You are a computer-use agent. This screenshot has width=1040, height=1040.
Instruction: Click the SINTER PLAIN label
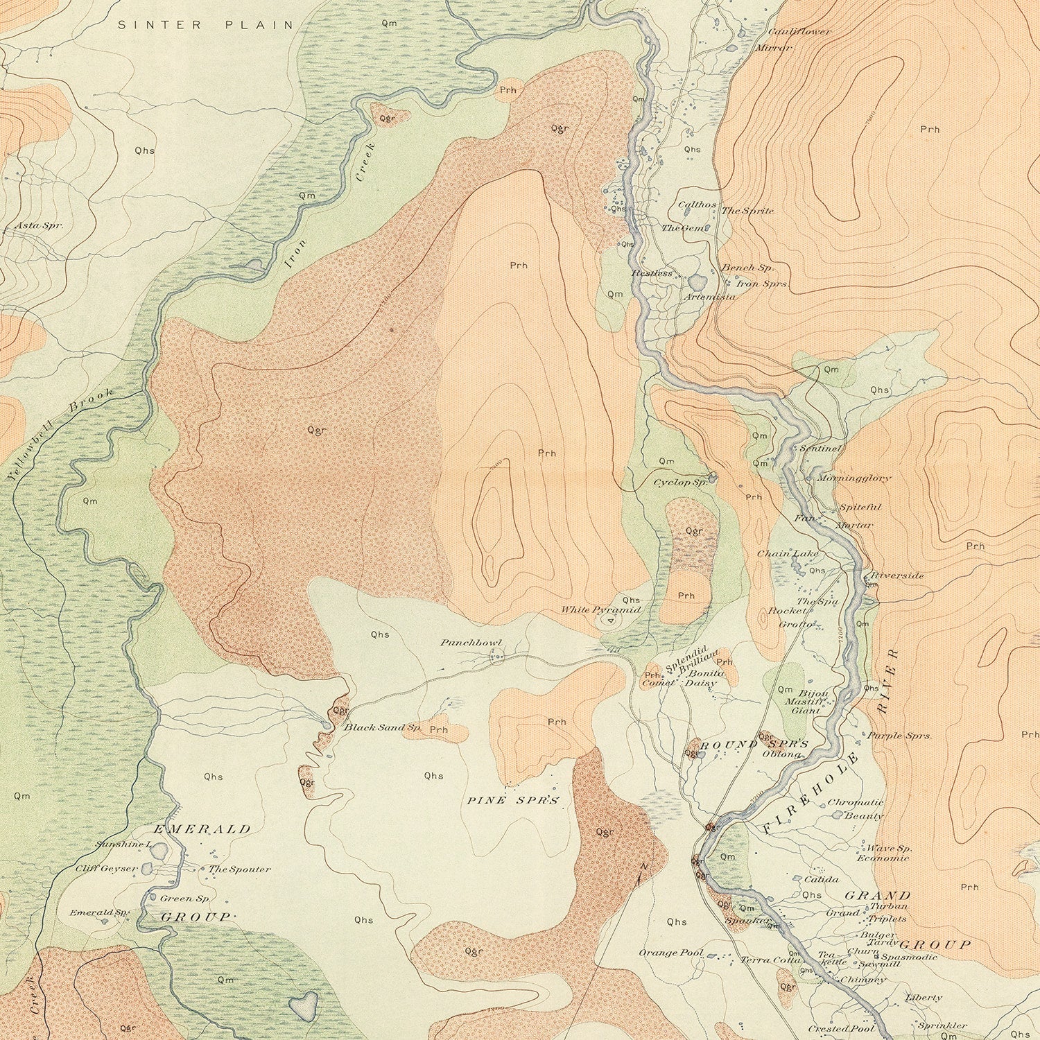coord(205,25)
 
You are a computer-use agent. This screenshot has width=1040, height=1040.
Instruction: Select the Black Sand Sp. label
coord(383,727)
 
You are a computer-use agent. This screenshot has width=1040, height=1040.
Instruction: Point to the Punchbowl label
coord(471,643)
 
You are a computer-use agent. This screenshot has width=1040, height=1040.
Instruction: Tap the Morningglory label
coord(853,478)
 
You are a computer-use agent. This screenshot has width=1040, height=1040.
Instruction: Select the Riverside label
coord(897,575)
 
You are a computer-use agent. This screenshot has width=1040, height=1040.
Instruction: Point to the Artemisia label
coord(709,297)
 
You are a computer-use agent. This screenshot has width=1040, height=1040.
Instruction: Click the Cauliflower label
coord(799,32)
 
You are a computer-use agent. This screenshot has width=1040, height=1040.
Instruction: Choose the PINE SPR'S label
coord(512,800)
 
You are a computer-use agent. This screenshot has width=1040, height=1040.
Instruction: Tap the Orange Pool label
coord(671,953)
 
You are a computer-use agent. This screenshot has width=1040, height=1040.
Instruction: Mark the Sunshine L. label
coord(125,844)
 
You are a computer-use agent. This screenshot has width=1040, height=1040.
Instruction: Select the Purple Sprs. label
coord(899,736)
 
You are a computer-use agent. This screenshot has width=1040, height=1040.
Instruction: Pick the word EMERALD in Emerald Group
coord(202,829)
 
